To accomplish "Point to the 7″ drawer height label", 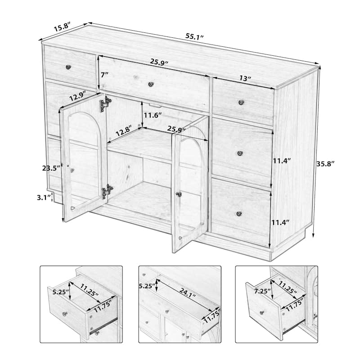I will pos(105,75).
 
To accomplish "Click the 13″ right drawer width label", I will pos(245,78).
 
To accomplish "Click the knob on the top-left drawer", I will pos(68,67).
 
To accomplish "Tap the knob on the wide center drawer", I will pos(151,83).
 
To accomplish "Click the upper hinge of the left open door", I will pos(105,103).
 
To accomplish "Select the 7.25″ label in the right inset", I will pos(261,292).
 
